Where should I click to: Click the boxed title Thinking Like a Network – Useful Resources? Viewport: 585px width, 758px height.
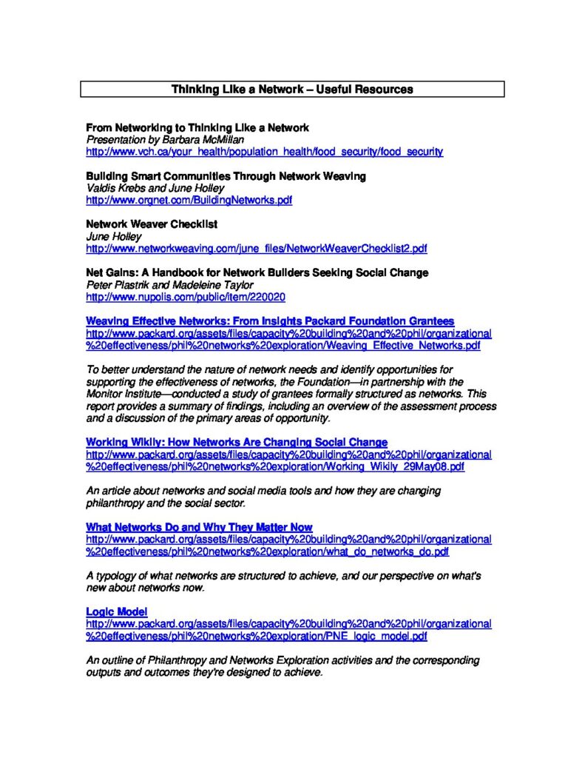[292, 90]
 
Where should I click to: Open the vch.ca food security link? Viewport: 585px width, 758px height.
[264, 152]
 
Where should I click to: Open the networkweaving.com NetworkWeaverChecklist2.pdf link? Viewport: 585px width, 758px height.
[256, 248]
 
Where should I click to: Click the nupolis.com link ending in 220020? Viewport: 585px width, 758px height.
[186, 297]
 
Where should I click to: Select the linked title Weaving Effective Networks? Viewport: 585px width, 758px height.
[270, 321]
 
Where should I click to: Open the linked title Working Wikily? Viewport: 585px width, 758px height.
[237, 443]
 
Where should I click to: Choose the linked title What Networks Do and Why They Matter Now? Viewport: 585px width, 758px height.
[199, 527]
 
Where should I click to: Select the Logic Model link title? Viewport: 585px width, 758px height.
[117, 611]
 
